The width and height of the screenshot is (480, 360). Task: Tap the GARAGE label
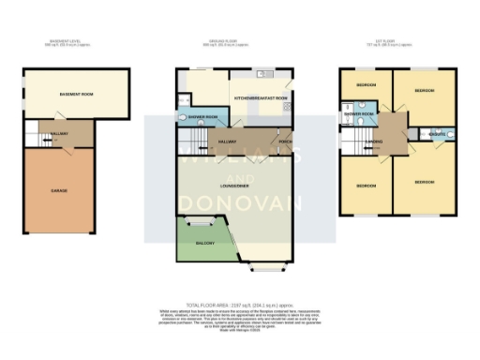(59, 190)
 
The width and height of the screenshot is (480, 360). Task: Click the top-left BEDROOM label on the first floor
(366, 85)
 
